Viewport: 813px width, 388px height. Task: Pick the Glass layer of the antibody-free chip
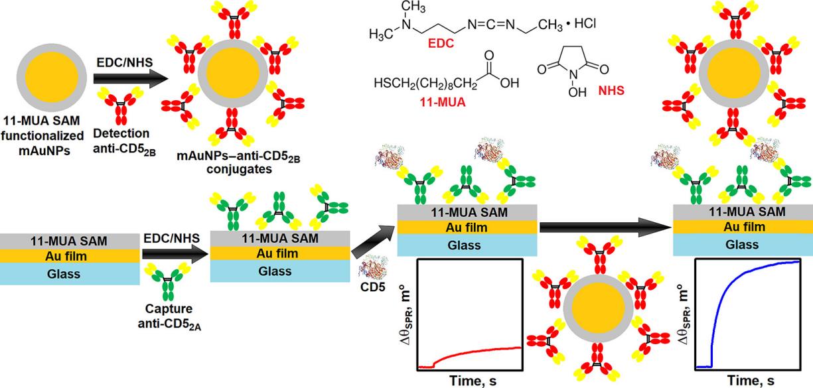tap(69, 274)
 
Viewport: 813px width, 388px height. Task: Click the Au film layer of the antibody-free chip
tap(69, 255)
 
